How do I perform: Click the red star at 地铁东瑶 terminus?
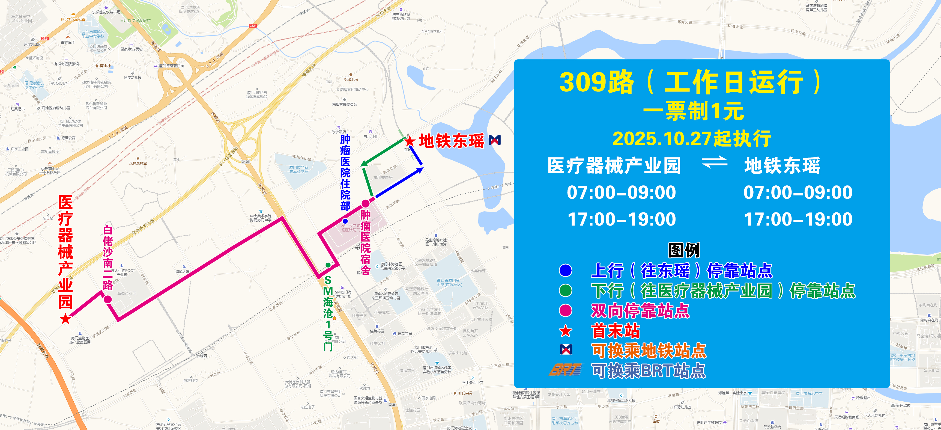[x=410, y=141]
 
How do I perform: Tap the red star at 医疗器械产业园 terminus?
[x=65, y=319]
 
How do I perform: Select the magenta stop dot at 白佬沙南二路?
[x=108, y=299]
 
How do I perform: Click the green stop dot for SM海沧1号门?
[x=328, y=265]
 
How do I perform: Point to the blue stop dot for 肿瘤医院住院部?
[x=345, y=221]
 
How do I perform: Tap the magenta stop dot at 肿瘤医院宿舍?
[x=365, y=204]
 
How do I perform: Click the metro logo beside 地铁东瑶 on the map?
[x=495, y=140]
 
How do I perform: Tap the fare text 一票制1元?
[x=693, y=111]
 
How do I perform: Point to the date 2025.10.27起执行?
[x=692, y=139]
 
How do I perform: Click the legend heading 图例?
[x=684, y=250]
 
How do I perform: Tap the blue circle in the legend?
[x=566, y=270]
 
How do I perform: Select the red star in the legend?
[x=566, y=331]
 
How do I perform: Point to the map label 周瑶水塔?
[x=351, y=79]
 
